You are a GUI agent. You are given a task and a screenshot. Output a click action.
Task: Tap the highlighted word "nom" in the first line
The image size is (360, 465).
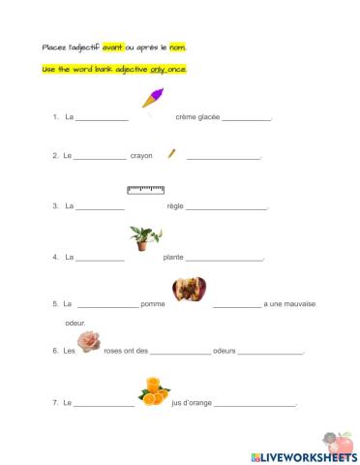178,46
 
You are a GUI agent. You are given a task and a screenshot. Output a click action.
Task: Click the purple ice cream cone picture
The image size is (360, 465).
154,97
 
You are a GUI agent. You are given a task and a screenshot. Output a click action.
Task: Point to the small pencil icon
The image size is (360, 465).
171,153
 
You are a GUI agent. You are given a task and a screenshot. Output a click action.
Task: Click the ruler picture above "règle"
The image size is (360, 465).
145,189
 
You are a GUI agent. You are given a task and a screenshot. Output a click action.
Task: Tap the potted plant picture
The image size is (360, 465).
144,237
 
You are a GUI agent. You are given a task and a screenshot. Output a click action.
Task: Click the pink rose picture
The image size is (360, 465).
90,341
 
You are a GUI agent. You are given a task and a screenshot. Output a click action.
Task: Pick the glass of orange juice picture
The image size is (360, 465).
153,391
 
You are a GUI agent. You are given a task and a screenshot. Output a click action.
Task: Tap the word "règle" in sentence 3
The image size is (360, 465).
175,206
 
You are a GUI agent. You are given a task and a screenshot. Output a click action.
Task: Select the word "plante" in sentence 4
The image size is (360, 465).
173,258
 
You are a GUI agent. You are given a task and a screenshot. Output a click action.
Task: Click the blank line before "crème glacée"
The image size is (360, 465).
102,119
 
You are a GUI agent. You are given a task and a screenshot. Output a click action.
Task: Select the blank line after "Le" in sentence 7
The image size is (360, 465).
104,404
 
